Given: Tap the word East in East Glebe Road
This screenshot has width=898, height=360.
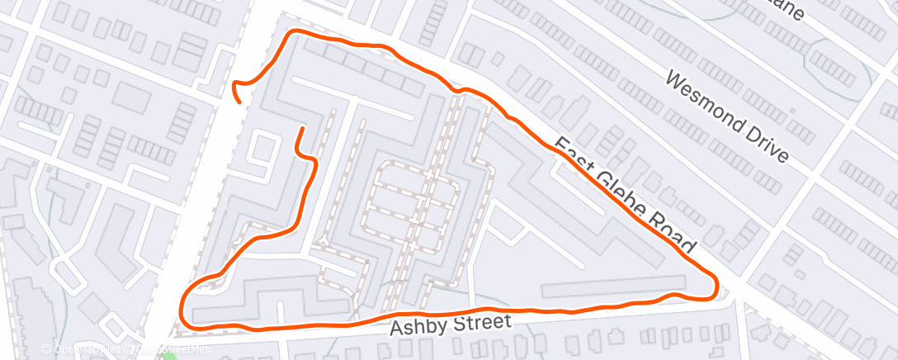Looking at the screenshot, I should (x=570, y=154).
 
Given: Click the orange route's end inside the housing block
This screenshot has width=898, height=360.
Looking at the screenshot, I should (x=301, y=129).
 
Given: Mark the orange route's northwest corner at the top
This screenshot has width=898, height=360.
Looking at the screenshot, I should (x=291, y=35).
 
